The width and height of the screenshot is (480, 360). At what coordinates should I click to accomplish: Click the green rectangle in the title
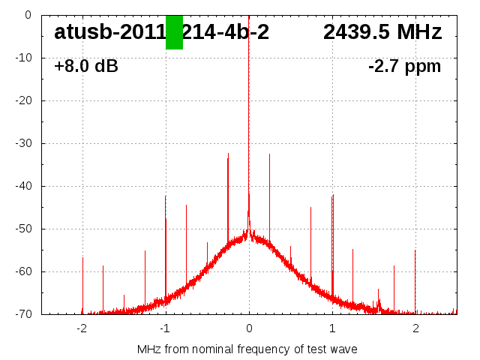(x=174, y=32)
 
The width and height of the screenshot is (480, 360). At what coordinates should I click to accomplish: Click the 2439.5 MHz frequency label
(x=382, y=32)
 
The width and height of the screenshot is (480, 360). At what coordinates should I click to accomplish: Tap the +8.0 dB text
(x=86, y=67)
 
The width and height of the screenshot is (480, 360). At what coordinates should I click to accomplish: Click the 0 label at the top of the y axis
(x=27, y=15)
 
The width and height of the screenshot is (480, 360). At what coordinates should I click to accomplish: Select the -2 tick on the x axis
(x=82, y=328)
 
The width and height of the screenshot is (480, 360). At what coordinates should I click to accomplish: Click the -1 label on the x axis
(x=165, y=328)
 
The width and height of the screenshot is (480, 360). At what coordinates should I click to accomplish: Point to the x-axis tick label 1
(x=332, y=328)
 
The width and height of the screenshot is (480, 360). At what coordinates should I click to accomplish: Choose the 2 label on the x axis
(x=415, y=328)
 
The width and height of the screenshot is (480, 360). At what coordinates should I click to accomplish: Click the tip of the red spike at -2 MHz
(x=82, y=258)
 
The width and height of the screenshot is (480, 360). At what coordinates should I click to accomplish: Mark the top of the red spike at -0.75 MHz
(x=187, y=205)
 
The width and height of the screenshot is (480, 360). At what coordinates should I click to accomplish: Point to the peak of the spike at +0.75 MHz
(x=311, y=208)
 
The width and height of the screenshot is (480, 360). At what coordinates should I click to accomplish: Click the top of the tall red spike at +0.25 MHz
(x=270, y=154)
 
